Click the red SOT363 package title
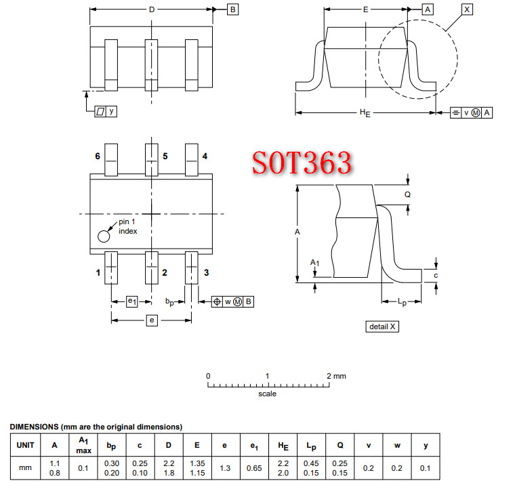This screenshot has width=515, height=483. [x=302, y=163]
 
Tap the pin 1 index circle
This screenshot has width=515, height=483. [x=104, y=236]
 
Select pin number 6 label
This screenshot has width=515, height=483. [x=98, y=156]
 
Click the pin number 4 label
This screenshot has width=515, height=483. [x=205, y=156]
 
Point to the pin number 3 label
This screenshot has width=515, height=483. [x=206, y=273]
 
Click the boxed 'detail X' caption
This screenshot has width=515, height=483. [x=383, y=327]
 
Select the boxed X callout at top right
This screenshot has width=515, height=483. [x=467, y=9]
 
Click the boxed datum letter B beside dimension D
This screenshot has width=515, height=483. [x=232, y=9]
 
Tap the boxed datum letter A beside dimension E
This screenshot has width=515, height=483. [x=428, y=9]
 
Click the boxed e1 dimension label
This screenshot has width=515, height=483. [x=132, y=301]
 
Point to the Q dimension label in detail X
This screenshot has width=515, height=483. [x=407, y=194]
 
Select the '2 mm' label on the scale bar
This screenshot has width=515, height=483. [x=335, y=376]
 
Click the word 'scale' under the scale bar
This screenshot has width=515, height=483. [x=267, y=394]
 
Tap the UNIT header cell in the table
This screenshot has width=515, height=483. [x=26, y=446]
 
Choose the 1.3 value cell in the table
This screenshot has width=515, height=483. [x=224, y=468]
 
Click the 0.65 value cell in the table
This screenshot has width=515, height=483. [x=253, y=468]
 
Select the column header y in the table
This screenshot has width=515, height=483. [x=426, y=446]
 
